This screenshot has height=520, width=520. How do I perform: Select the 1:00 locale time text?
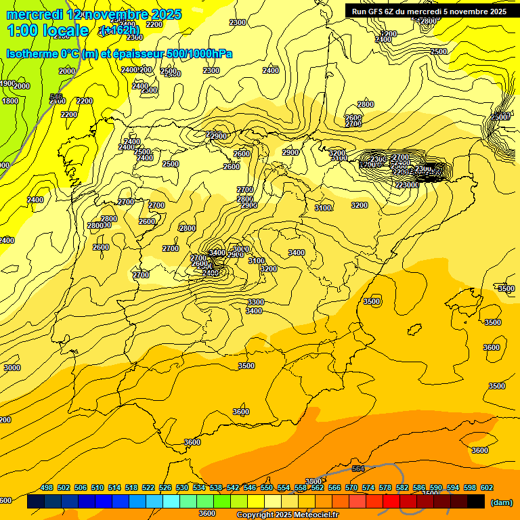click(47, 30)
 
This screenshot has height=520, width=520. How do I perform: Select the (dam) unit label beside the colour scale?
click(501, 502)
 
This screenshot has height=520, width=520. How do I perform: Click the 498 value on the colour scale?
click(47, 487)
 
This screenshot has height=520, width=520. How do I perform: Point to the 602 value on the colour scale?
click(487, 487)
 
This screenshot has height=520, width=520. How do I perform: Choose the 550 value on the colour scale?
click(267, 487)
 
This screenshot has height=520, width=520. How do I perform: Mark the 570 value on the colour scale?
click(351, 487)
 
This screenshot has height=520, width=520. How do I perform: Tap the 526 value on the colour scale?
click(165, 487)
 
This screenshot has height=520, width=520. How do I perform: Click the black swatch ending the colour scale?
click(476, 502)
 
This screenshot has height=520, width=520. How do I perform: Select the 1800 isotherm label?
click(10, 101)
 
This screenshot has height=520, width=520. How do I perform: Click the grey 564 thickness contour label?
click(358, 469)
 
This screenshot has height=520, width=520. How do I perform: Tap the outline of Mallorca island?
click(464, 301)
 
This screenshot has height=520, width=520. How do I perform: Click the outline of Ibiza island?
click(413, 330)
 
